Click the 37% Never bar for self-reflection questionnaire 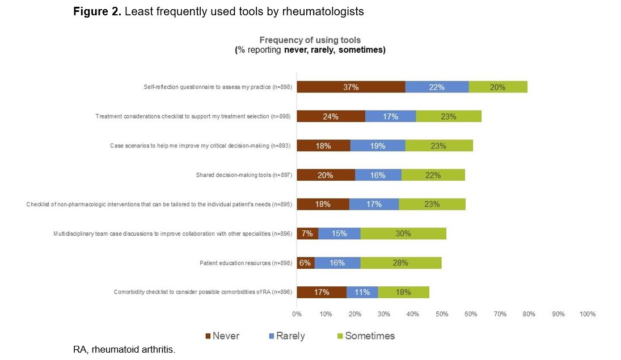pos(351,87)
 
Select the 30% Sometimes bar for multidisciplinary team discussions pos(403,234)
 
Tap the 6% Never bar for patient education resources pos(306,263)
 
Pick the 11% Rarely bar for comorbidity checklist pos(362,293)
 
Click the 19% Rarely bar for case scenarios pos(377,146)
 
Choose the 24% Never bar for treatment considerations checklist pos(331,116)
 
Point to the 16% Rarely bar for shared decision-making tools pos(378,175)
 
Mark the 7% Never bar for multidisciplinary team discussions pos(307,234)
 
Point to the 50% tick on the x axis pos(442,314)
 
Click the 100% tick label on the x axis pos(587,314)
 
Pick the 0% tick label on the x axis pos(297,314)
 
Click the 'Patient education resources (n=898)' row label pos(246,263)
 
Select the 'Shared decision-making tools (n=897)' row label pos(243,175)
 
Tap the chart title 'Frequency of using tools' pos(310,40)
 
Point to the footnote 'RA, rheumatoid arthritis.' pos(124,349)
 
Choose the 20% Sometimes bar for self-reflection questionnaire pos(498,87)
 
